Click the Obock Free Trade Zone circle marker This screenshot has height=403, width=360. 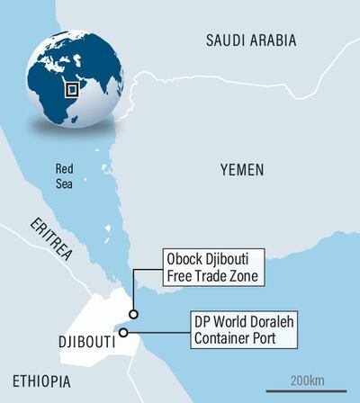tap(133, 314)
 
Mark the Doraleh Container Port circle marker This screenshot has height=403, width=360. tap(123, 331)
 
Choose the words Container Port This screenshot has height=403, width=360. tap(235, 339)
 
